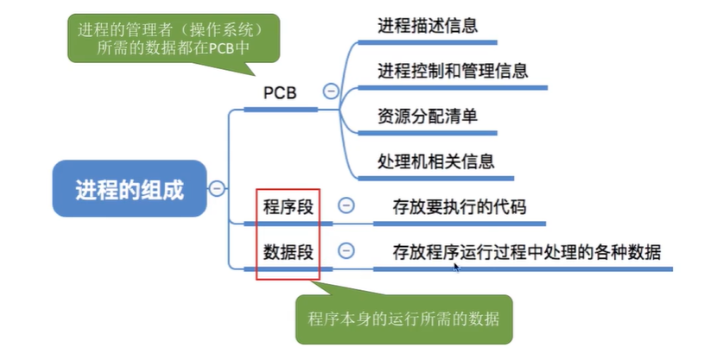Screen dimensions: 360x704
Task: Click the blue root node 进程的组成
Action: coord(130,189)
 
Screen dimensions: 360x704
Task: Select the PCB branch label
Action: coord(279,92)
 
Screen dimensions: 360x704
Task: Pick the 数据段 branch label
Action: coord(289,252)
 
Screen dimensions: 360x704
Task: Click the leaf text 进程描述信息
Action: coord(428,24)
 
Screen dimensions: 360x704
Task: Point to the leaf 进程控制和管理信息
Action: coord(453,70)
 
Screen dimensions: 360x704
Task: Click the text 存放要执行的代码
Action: coord(459,207)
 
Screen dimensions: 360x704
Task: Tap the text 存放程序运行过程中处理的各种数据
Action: coord(527,252)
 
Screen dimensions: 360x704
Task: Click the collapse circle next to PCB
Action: coord(330,91)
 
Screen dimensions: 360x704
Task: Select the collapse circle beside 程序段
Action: coord(346,205)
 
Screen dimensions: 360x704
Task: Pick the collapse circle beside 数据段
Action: coord(346,250)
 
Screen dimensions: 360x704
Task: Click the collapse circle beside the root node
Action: coord(218,188)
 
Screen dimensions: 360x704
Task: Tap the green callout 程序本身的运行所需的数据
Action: coord(403,318)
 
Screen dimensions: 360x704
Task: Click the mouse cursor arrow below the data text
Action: coord(456,268)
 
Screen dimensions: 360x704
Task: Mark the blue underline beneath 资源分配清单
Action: coord(427,133)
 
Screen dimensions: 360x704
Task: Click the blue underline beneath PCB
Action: coord(280,110)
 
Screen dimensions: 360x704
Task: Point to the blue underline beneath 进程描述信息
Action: coord(427,41)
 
